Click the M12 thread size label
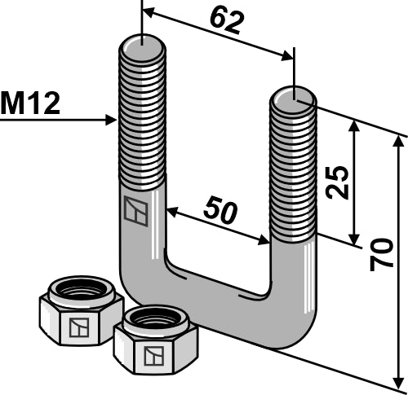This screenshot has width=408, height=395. pos(30,103)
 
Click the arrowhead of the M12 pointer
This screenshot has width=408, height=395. pos(113,121)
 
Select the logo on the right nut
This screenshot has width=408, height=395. pos(151,356)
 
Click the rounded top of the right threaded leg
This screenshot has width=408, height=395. pos(293,95)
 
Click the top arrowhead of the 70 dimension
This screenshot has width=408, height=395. pos(400,138)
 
